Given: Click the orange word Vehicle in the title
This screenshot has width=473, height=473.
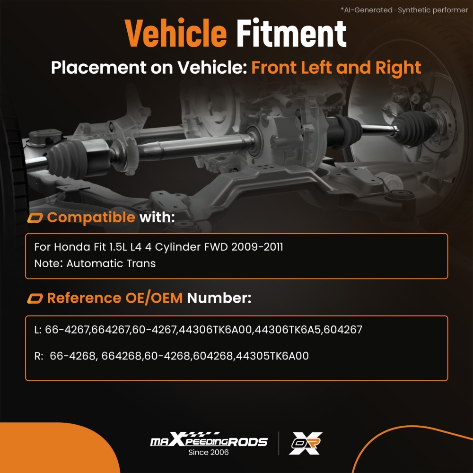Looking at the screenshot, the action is (x=175, y=33).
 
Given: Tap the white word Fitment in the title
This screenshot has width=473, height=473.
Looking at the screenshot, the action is (x=291, y=33).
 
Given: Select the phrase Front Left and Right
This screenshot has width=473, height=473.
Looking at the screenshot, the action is (x=336, y=67).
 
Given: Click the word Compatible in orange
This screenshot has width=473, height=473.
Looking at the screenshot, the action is (x=91, y=217).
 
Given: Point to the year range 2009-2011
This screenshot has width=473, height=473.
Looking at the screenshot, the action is (x=257, y=247).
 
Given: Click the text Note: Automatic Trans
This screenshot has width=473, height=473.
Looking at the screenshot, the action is (x=95, y=263).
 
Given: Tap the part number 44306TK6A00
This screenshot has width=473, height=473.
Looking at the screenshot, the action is (x=215, y=329).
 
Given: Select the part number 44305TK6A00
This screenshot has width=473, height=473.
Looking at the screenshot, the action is (x=272, y=356).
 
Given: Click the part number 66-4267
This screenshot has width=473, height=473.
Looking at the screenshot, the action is (x=67, y=329).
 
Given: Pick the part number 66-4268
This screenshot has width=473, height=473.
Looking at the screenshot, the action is (x=72, y=356).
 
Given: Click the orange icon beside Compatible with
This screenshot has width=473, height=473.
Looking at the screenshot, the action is (x=35, y=218).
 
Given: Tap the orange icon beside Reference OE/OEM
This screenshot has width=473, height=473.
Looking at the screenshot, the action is (x=35, y=298).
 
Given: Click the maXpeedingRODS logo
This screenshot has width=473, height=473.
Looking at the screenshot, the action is (x=209, y=440).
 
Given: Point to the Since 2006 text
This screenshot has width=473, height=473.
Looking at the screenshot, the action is (x=209, y=452).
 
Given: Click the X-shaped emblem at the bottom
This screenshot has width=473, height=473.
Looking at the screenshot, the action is (x=305, y=443).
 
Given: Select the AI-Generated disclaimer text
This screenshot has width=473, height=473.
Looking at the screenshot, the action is (x=404, y=10).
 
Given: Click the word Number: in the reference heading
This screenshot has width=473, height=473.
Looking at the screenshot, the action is (x=219, y=298).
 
